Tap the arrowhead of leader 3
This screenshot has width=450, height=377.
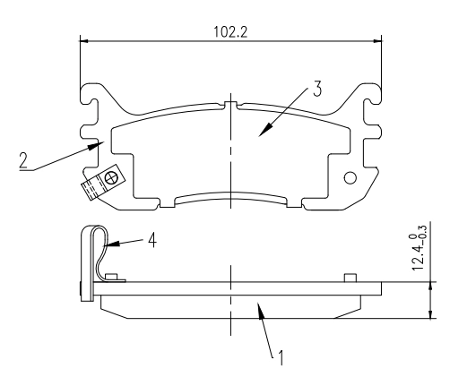point(260,134)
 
